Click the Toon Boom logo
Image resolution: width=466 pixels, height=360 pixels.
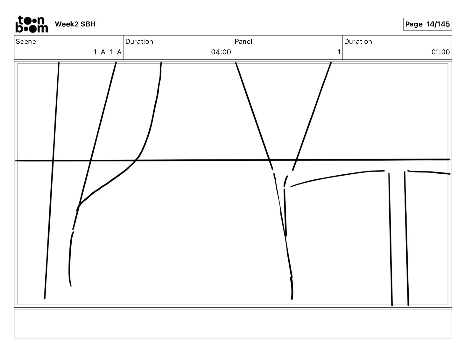[x=31, y=24]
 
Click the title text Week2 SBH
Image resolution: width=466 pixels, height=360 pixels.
[x=75, y=24]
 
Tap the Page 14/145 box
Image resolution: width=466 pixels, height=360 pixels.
[x=427, y=24]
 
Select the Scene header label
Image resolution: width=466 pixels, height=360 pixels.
[x=26, y=41]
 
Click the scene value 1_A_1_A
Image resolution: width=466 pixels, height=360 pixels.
[x=107, y=52]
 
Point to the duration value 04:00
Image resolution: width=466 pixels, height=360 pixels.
[x=221, y=52]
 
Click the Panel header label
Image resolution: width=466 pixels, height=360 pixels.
[x=243, y=41]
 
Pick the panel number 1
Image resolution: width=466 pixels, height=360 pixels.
[x=339, y=52]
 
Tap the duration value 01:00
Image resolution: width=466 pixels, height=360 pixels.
[x=440, y=52]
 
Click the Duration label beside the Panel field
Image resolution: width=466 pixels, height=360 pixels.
[x=358, y=41]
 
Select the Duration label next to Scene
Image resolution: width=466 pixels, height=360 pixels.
[x=139, y=41]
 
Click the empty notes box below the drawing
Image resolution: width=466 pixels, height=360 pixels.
[x=233, y=324]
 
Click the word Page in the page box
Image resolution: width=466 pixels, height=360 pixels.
[x=414, y=24]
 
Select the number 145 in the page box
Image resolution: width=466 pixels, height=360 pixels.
[x=443, y=24]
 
